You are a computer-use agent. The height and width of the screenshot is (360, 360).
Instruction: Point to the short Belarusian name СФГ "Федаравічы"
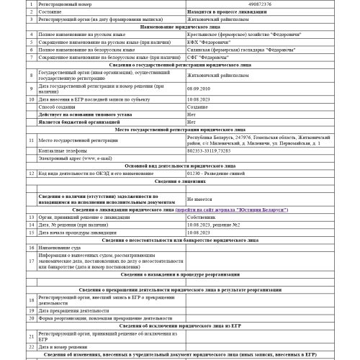point(205,59)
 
